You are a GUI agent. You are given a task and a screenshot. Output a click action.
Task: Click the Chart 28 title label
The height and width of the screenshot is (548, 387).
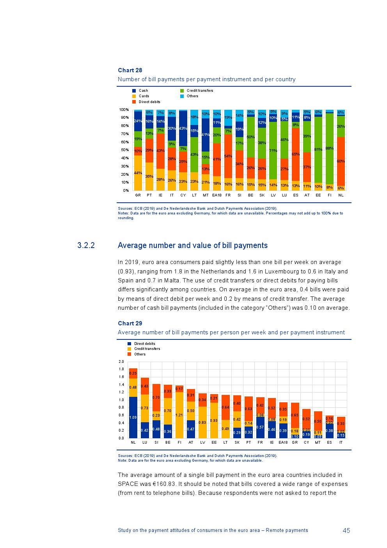[130, 70]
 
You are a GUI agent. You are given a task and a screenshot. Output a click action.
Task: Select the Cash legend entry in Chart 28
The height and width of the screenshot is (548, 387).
[143, 91]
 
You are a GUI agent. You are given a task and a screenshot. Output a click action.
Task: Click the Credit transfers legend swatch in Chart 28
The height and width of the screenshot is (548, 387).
[182, 91]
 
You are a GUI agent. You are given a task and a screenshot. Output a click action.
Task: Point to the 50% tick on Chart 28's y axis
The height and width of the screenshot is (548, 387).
[124, 150]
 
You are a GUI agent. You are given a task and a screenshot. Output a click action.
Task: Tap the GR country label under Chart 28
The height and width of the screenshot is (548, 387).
[138, 195]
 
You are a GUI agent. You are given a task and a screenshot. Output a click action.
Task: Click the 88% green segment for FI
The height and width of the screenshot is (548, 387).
[330, 148]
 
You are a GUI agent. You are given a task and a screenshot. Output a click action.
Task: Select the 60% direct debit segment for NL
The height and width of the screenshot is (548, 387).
[341, 161]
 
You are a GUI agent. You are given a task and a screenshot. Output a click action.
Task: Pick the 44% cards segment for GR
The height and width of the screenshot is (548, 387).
[138, 173]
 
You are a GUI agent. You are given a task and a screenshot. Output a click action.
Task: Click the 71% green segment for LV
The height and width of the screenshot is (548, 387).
[273, 150]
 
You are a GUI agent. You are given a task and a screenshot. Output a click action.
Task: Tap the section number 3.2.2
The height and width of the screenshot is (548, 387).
[86, 245]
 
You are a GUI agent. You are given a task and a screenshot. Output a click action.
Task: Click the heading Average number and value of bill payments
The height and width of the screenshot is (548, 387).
[193, 245]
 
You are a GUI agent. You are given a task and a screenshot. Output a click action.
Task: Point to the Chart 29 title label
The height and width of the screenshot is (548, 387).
[130, 323]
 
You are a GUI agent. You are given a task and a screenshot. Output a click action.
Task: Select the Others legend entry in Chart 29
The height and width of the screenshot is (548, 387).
[140, 354]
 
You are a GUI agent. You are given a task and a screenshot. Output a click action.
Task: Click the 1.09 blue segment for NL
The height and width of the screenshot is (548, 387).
[133, 418]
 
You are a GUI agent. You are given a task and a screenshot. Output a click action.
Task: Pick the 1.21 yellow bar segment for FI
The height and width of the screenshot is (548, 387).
[179, 415]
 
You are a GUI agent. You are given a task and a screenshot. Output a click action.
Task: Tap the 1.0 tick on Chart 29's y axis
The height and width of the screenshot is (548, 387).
[121, 400]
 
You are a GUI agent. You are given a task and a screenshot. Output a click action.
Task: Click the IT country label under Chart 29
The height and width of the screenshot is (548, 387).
[341, 443]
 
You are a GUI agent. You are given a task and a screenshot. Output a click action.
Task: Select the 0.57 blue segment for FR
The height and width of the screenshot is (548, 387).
[260, 427]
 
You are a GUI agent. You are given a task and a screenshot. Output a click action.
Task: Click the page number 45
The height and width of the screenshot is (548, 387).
[346, 530]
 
